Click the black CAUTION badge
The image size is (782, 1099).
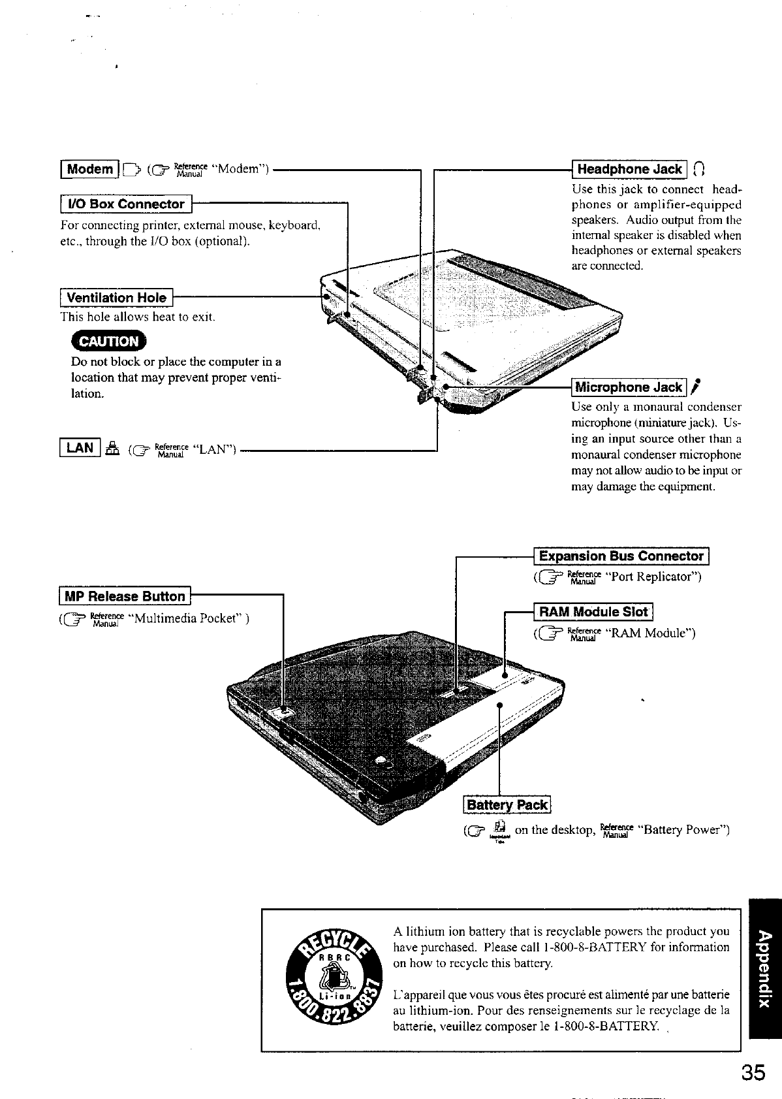[110, 341]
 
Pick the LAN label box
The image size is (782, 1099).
[80, 447]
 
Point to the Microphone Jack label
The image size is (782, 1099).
[629, 388]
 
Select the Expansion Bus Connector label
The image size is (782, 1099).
[622, 556]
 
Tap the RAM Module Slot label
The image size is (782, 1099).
[593, 612]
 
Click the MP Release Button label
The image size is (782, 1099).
[125, 596]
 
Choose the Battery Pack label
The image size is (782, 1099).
[507, 805]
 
